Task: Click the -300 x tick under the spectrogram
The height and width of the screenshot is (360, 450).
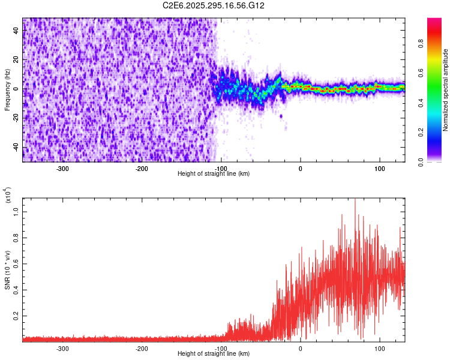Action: click(63, 168)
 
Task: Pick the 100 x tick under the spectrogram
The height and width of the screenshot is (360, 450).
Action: click(379, 168)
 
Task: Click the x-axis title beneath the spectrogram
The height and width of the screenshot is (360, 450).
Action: click(214, 174)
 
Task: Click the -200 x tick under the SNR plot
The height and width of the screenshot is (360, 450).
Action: click(142, 348)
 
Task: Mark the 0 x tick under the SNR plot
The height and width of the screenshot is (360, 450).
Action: click(300, 348)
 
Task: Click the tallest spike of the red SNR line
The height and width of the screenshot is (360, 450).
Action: click(355, 200)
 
